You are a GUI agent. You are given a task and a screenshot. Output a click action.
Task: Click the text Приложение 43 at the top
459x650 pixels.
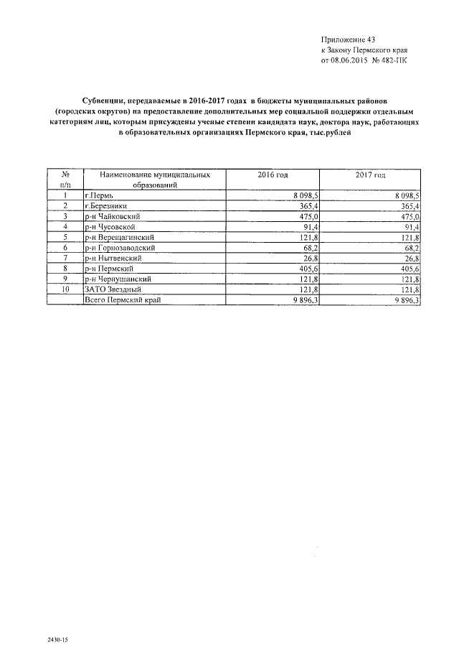click(x=348, y=39)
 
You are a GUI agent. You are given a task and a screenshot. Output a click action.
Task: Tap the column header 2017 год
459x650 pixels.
click(x=370, y=175)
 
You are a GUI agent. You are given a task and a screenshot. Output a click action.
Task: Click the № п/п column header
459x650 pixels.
click(x=65, y=180)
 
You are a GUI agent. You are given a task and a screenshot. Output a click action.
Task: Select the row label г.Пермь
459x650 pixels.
click(x=99, y=195)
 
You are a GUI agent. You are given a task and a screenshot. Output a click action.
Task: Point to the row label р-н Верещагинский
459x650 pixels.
click(x=119, y=237)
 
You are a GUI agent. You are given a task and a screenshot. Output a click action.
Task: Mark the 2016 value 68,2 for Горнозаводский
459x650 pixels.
click(x=310, y=247)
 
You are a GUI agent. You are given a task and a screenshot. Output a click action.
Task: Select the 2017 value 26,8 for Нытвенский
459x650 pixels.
click(x=412, y=258)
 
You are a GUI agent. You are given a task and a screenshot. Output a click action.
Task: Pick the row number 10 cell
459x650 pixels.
click(x=65, y=289)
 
